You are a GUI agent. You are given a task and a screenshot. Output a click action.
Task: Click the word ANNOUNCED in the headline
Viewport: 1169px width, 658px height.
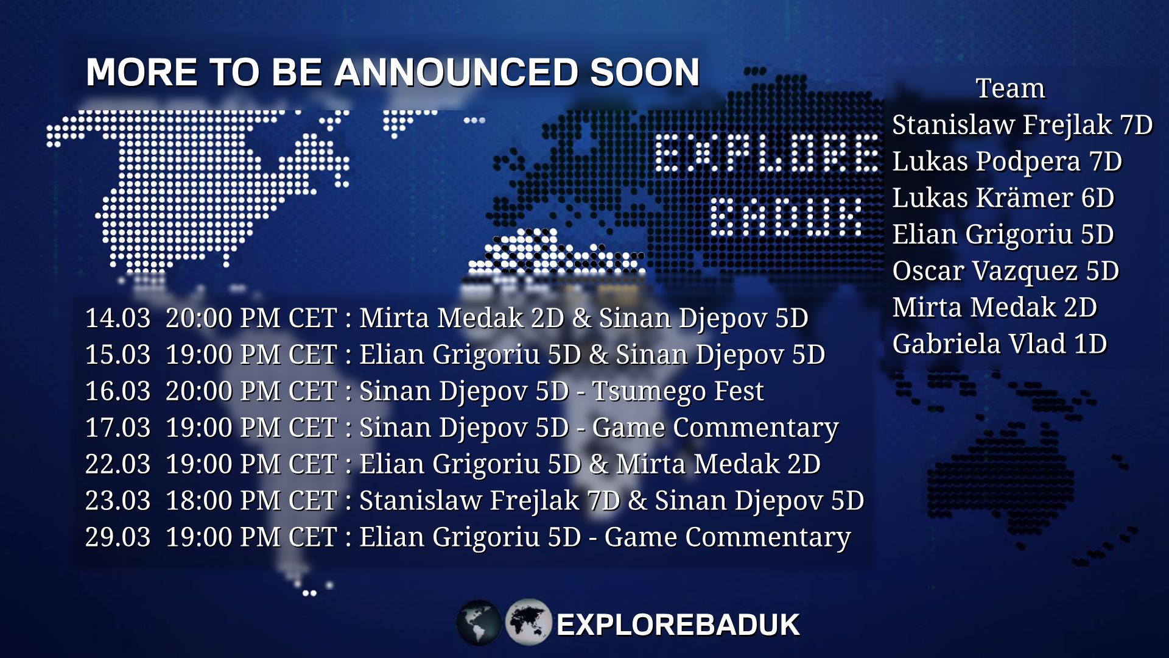point(456,73)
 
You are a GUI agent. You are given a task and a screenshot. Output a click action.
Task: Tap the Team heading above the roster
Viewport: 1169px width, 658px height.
point(1010,88)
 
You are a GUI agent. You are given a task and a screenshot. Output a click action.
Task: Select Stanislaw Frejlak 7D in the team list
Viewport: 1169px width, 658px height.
point(1022,125)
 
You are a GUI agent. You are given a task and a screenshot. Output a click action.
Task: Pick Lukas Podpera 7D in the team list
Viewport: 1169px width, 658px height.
point(1007,161)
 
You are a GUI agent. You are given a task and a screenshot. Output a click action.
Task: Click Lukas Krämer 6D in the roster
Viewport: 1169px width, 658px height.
point(1003,198)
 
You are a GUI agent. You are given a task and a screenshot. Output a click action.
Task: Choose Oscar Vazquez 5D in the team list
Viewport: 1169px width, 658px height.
point(1005,271)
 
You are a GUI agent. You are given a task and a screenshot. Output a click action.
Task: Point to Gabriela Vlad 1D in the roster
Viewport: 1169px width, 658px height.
point(999,344)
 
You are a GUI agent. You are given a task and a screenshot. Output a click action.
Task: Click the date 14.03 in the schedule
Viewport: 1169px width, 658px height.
point(118,318)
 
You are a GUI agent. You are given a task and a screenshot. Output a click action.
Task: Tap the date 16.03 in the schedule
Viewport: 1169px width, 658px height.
point(118,391)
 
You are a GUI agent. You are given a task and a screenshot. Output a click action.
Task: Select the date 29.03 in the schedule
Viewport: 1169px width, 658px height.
point(118,537)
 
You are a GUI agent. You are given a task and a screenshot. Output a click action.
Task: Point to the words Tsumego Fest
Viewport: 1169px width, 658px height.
point(678,391)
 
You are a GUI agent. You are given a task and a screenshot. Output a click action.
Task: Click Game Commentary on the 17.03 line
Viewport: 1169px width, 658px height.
point(715,428)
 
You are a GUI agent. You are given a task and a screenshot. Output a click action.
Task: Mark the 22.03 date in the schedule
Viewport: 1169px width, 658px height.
point(118,464)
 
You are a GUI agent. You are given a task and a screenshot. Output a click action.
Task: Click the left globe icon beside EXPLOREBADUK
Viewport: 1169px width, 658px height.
point(479,623)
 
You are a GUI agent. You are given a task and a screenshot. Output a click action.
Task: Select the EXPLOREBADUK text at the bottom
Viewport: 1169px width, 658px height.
point(678,625)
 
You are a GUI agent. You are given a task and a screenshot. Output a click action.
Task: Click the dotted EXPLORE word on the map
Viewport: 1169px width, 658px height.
point(767,152)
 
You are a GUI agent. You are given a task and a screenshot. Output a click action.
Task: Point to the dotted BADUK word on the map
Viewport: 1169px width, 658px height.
point(785,217)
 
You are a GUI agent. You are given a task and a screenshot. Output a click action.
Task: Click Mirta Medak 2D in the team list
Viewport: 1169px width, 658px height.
point(994,308)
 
